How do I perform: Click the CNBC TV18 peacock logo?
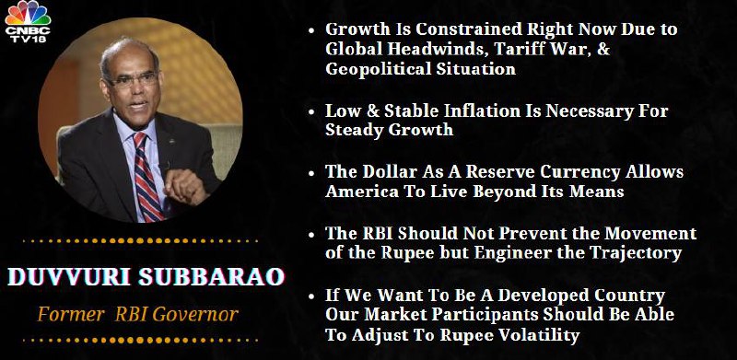pyautogui.click(x=28, y=21)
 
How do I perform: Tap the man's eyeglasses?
pyautogui.click(x=132, y=81)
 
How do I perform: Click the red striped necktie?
pyautogui.click(x=146, y=175)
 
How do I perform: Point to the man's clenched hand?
pyautogui.click(x=185, y=185)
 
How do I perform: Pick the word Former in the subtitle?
pyautogui.click(x=71, y=313)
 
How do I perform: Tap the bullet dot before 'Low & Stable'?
pyautogui.click(x=311, y=113)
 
